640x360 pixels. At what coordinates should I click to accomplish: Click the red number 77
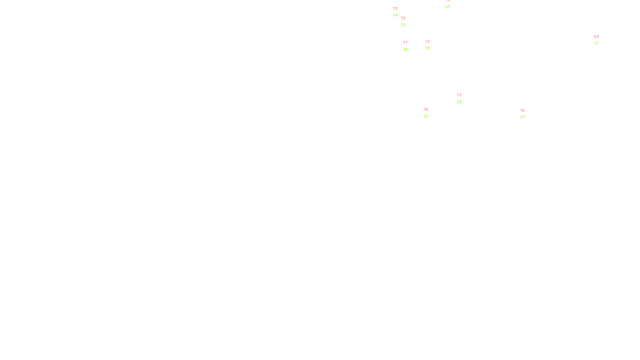point(405,43)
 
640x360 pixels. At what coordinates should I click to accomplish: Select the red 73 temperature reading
point(459,95)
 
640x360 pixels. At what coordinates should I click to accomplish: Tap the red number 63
point(596,37)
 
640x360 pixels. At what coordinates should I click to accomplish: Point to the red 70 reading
point(522,111)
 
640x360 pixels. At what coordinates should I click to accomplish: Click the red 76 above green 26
point(426,110)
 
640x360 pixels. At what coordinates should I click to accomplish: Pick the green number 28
point(403,25)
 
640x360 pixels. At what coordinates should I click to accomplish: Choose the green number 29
point(428,48)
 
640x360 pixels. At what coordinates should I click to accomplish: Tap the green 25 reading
point(459,102)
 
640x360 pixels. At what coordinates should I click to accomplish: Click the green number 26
point(426,116)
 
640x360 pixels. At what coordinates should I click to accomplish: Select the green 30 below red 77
point(405,50)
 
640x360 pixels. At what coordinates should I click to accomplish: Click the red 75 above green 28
point(403,18)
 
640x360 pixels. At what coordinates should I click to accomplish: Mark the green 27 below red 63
point(596,43)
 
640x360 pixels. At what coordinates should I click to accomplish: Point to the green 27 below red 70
point(522,117)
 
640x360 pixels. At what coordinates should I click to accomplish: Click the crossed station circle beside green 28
point(407,22)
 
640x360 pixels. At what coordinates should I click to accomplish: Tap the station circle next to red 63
point(600,40)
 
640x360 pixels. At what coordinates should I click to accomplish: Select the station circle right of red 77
point(409,46)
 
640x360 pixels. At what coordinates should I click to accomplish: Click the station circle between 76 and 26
point(430,113)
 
